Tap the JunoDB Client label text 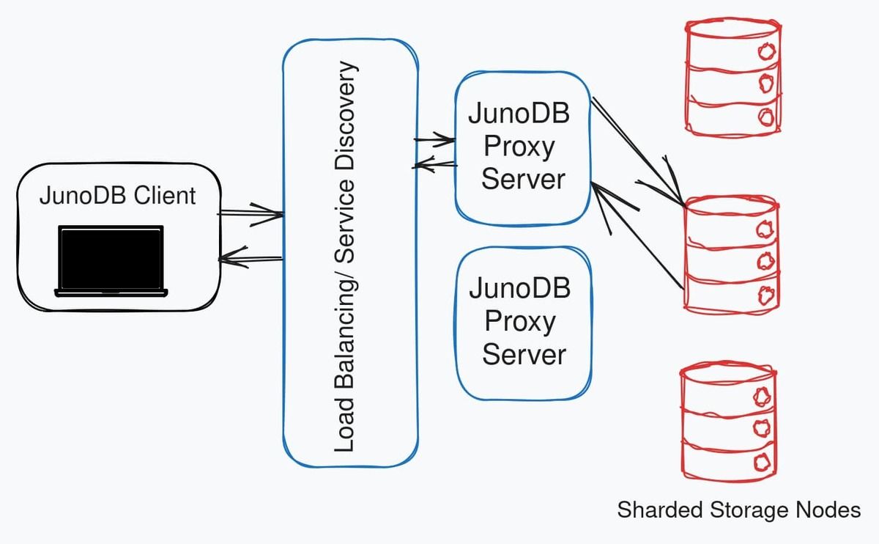click(118, 196)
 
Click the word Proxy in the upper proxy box click(519, 147)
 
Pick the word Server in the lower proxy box click(524, 354)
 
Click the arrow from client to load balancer click(251, 214)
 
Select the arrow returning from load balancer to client click(251, 257)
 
